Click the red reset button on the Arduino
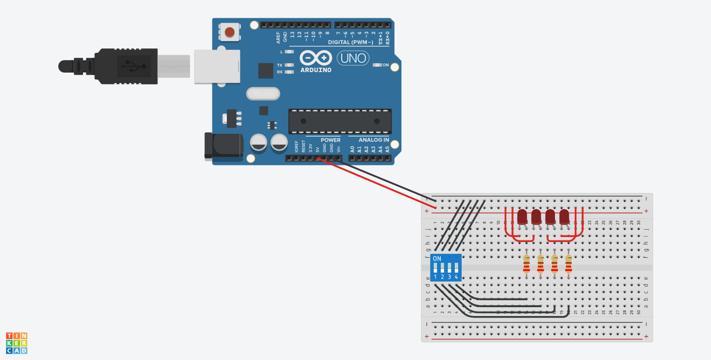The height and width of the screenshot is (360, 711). pos(230,33)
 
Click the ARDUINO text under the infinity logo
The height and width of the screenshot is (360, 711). pos(316,70)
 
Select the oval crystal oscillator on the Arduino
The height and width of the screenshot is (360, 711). pos(263,93)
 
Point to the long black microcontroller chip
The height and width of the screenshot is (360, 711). pos(340,121)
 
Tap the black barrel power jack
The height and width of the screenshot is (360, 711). pos(223,146)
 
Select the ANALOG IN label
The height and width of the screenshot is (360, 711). pos(374,140)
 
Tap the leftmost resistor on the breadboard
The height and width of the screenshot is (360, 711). pos(526,263)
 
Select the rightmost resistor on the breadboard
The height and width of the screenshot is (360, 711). pos(568,263)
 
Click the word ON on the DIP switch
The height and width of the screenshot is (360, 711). pos(437,258)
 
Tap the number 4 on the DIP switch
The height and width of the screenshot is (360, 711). pos(457,277)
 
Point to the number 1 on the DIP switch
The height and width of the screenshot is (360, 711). pos(435,277)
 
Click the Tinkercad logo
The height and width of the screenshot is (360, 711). pos(17,343)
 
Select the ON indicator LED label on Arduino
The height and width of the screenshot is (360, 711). pos(386,65)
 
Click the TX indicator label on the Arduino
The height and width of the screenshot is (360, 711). pos(279,65)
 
